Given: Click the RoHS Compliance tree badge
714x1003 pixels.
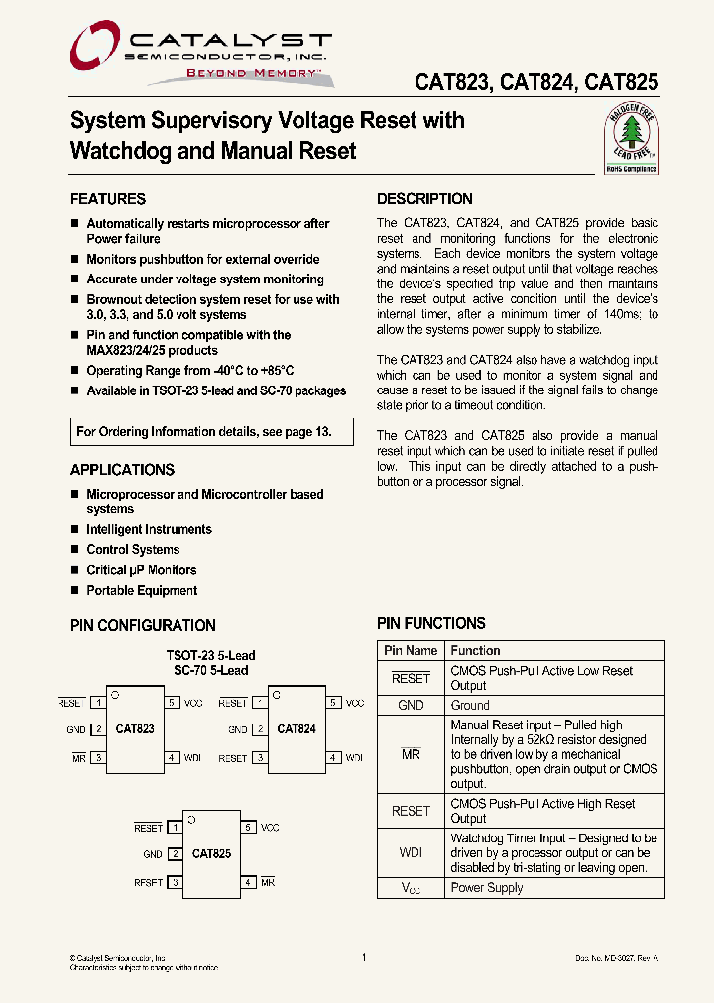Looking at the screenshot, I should pos(632,142).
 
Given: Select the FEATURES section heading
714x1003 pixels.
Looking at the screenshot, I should pos(108,199).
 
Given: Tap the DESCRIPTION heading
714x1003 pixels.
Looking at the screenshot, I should pos(424,199).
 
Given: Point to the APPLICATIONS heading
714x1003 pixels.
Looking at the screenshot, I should pos(122,470).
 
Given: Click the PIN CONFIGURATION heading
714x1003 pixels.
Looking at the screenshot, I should pos(143,626).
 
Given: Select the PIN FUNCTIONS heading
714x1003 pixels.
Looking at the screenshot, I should pos(431,624).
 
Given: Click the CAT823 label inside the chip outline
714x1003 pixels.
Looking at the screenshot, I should pos(135,729).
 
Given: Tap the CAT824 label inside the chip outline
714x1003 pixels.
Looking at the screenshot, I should pos(297,729).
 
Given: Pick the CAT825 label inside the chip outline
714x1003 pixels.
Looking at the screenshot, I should pos(211,853).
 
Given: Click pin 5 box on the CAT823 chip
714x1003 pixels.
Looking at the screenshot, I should pos(172,703).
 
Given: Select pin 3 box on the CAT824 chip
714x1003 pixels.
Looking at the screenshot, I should pos(260,758).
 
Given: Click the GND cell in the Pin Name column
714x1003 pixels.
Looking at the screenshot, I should pos(411,706).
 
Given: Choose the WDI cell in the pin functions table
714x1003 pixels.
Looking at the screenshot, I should pos(411,852).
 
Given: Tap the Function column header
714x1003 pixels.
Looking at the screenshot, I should pos(476,651).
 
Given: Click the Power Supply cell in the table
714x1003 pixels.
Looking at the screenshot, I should pos(487,888).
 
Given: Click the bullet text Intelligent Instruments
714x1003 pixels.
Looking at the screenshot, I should pos(149,530).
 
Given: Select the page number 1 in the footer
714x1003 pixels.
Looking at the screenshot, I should pos(365,958).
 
